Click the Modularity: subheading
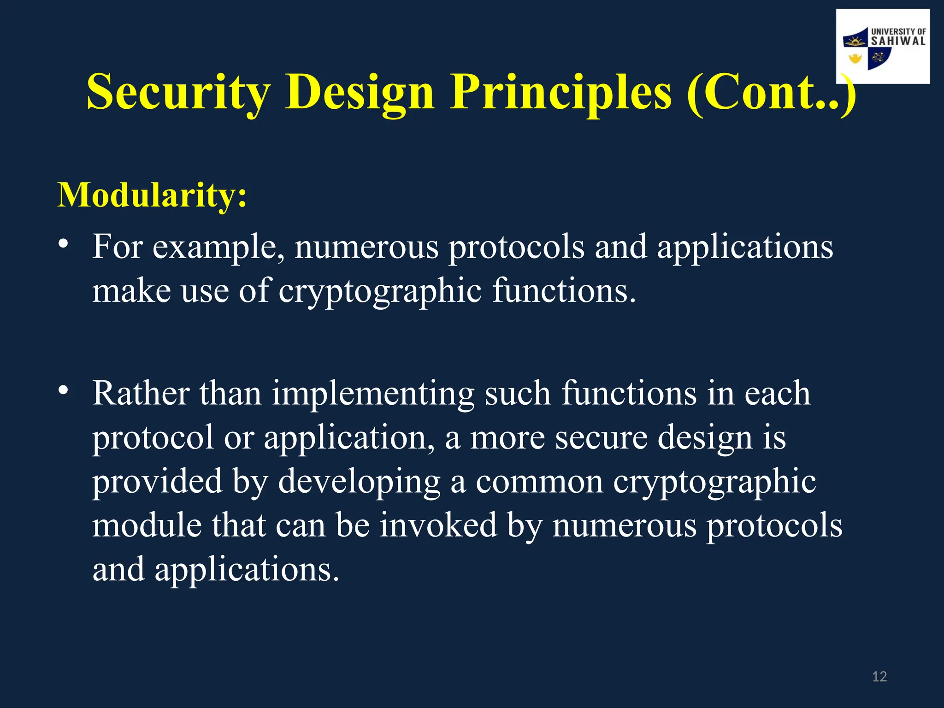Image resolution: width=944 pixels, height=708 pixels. coord(152,195)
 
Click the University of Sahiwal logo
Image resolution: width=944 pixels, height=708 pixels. coord(883,47)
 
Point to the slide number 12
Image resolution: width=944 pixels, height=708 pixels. coord(879,677)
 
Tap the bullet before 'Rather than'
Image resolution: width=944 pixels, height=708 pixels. coord(64,390)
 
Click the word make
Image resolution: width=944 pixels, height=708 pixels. coord(131,291)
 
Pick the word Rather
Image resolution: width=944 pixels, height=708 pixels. coord(141,394)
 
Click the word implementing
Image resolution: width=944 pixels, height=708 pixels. coord(373,395)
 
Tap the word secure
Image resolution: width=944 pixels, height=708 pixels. coord(601,437)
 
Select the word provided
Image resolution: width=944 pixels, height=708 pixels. coord(157,482)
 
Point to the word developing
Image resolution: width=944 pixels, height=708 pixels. coord(359,482)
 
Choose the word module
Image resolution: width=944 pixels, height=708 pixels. coord(147,525)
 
